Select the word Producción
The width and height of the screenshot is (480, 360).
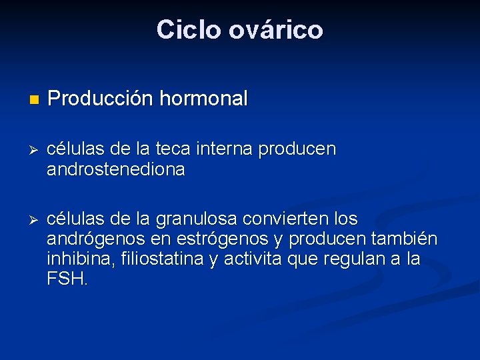click(101, 99)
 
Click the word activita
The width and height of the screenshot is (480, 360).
click(251, 259)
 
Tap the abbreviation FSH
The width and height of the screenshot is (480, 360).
click(67, 279)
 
